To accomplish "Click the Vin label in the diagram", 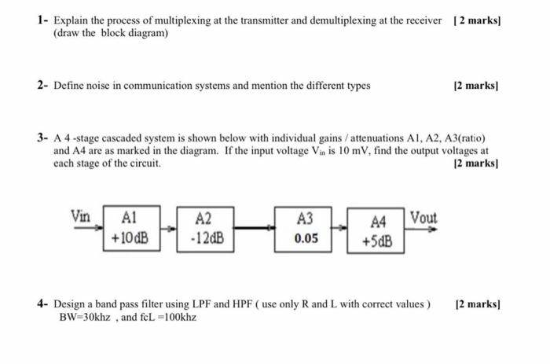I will (x=81, y=215).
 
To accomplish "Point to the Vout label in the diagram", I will (x=423, y=217).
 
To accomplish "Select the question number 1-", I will (x=44, y=20).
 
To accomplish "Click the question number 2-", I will (x=44, y=86).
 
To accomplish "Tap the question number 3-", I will (x=44, y=138).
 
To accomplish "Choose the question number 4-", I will (x=44, y=304).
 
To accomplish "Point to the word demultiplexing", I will (x=349, y=20).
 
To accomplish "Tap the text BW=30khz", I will (x=84, y=318).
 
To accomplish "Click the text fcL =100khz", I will (x=163, y=318).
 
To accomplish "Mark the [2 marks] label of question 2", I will (x=478, y=86).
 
